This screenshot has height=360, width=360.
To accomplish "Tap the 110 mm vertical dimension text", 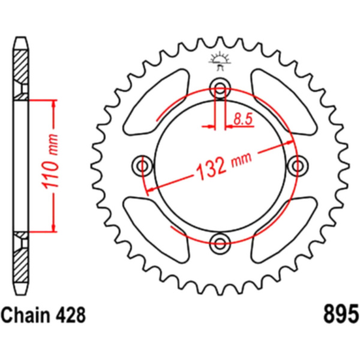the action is [50, 162].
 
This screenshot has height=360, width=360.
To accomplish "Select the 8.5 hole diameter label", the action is [243, 119].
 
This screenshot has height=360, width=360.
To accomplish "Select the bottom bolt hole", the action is [220, 244].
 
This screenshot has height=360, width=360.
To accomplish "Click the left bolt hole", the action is [142, 166].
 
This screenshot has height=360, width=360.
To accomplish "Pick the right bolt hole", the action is [298, 166].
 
